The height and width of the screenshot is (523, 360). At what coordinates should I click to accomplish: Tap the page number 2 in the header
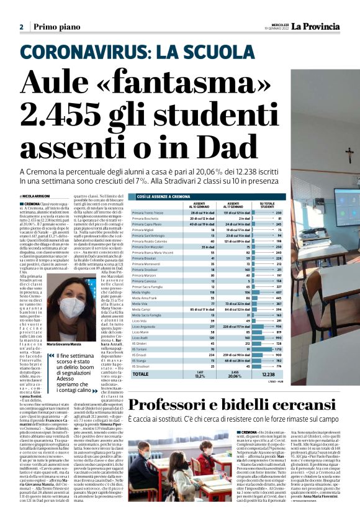pos(21,27)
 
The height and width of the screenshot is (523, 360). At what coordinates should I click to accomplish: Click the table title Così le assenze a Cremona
pos(164,196)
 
